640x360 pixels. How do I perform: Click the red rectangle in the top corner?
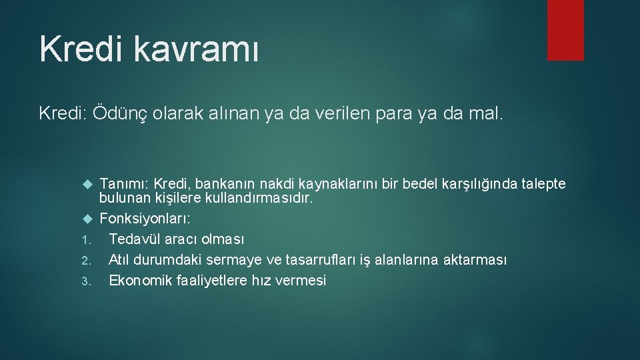(565, 30)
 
